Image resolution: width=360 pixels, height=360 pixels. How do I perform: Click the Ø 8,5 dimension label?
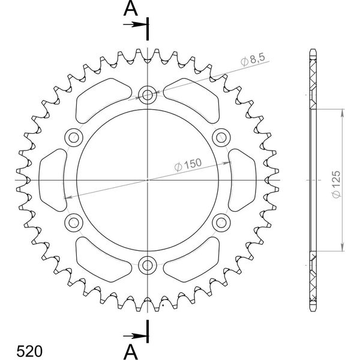[253, 59]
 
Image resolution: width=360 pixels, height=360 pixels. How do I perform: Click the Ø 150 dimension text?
[188, 164]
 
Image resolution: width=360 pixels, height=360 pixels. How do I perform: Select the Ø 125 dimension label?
[336, 184]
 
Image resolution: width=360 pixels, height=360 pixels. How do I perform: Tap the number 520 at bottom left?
[29, 351]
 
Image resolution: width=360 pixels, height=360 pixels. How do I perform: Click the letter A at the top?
[131, 9]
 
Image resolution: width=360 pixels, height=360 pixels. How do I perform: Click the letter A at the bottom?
[131, 352]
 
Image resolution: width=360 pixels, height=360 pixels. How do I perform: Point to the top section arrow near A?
[135, 25]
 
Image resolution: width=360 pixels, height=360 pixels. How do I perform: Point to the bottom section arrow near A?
[135, 337]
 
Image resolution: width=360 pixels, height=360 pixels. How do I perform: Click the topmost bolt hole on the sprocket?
[148, 95]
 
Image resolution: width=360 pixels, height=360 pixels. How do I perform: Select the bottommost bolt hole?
[148, 265]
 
